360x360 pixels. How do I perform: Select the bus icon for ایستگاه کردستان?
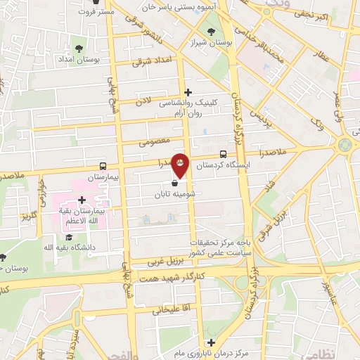[223, 153]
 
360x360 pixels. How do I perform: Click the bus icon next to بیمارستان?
[103, 167]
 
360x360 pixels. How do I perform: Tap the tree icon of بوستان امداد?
[78, 49]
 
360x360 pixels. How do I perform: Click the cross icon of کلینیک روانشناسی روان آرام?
[188, 92]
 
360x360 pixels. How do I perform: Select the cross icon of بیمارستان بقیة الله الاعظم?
[82, 200]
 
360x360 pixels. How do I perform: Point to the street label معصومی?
[155, 141]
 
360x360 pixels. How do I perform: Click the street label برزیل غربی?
[166, 261]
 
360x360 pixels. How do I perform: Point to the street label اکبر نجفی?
[320, 13]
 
